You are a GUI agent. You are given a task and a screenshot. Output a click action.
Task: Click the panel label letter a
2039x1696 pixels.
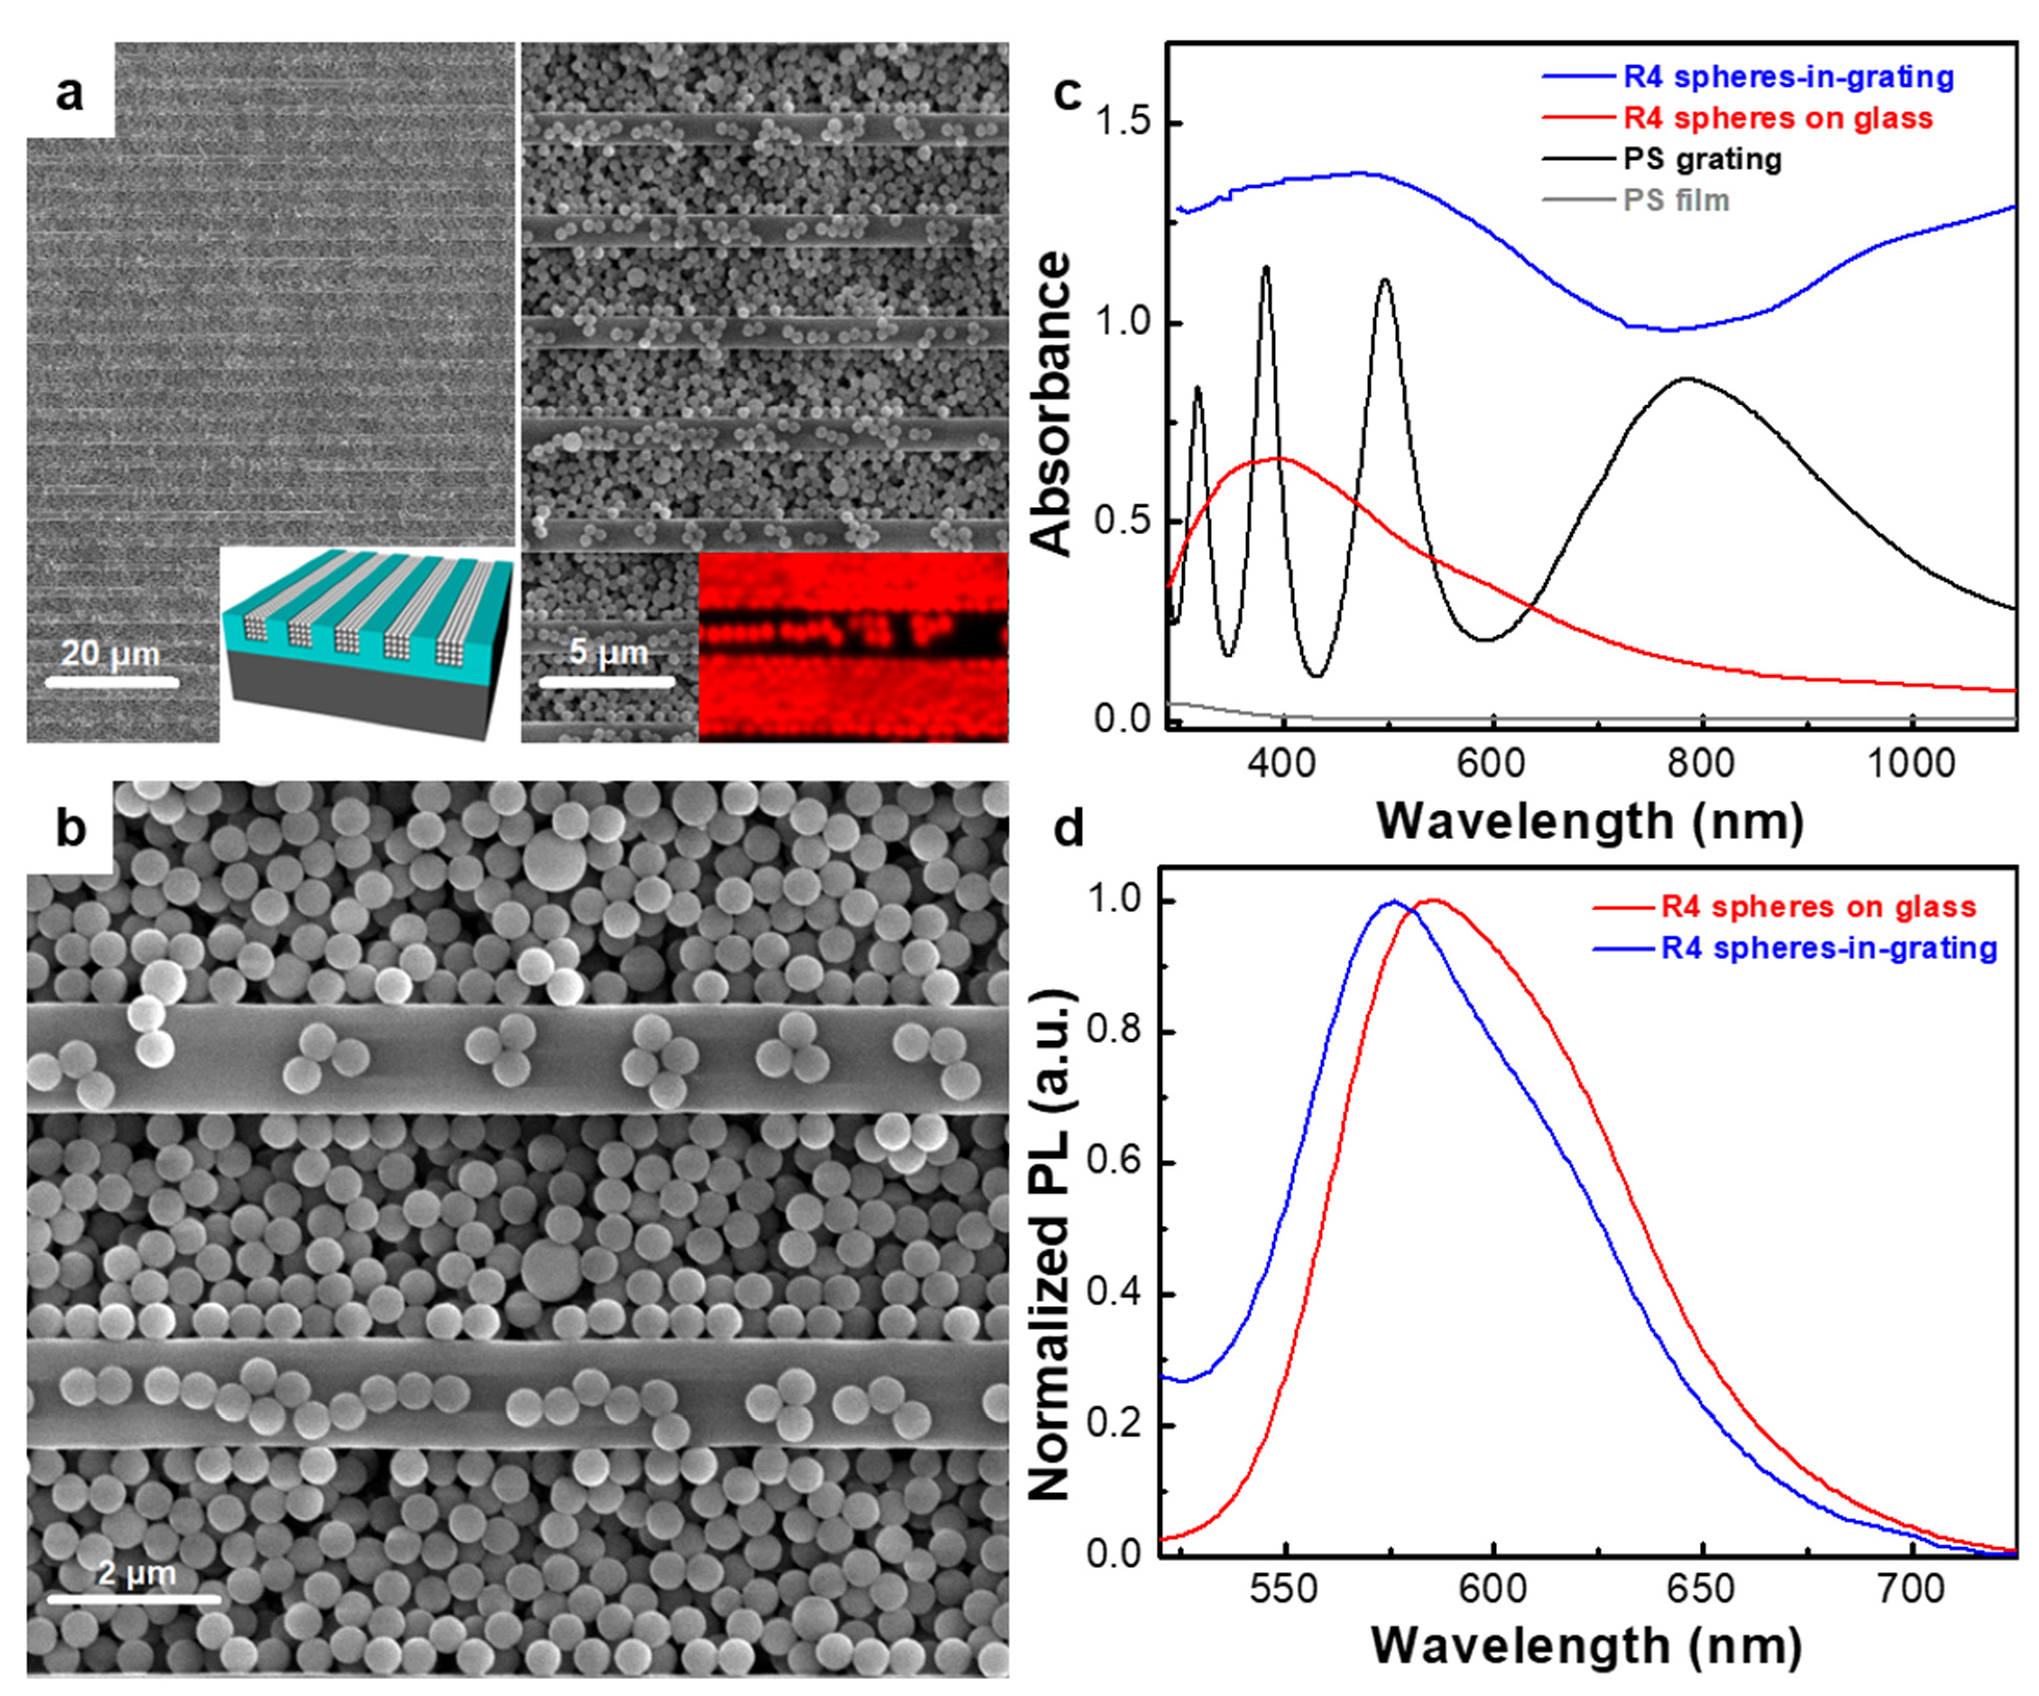coord(70,94)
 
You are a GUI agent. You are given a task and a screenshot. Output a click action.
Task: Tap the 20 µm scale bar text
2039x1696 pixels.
coord(111,653)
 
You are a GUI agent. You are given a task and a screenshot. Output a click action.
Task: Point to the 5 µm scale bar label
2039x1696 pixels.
coord(608,651)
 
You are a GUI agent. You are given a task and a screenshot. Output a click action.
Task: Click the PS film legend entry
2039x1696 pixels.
coord(1676,200)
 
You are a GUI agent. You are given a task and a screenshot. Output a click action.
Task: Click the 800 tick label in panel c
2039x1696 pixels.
coord(1701,763)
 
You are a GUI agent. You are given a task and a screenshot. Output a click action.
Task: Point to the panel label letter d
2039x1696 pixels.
coord(1069,830)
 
